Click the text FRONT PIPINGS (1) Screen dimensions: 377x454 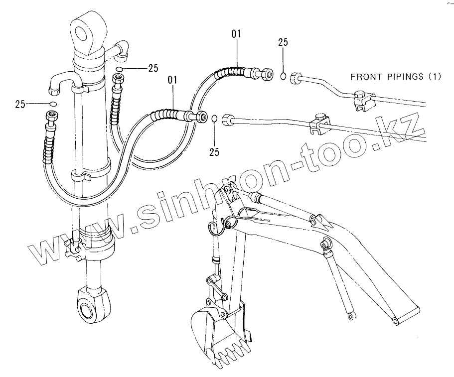tap(396, 77)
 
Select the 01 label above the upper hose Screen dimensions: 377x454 tap(236, 34)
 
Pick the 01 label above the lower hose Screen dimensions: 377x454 tap(173, 79)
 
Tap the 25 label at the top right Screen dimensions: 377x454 tap(283, 43)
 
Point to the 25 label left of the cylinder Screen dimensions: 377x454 tap(20, 104)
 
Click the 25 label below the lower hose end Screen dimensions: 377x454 tap(214, 152)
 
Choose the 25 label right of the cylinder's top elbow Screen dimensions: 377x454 tap(153, 68)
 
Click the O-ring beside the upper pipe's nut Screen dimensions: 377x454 tap(283, 76)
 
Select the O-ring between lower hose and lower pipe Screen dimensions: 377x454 tap(214, 119)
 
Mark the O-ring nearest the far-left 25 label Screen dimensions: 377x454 tap(53, 104)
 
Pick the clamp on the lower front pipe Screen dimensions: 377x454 tap(319, 126)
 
